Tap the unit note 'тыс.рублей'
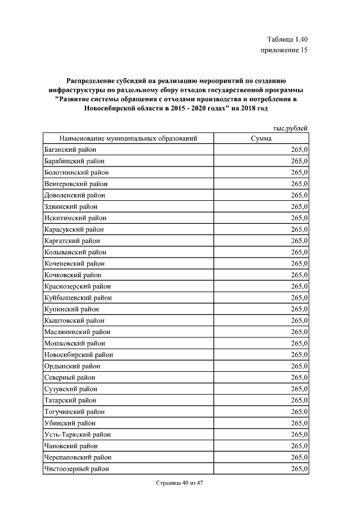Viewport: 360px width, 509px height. pos(290,129)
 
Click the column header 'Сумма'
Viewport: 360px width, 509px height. pos(261,138)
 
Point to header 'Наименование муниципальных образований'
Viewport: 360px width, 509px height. pos(129,138)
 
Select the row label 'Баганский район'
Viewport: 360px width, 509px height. pos(70,150)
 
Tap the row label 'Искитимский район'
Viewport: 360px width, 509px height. pos(75,218)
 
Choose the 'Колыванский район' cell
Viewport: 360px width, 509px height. pos(75,252)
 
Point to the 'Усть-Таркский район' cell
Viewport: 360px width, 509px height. pos(77,434)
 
